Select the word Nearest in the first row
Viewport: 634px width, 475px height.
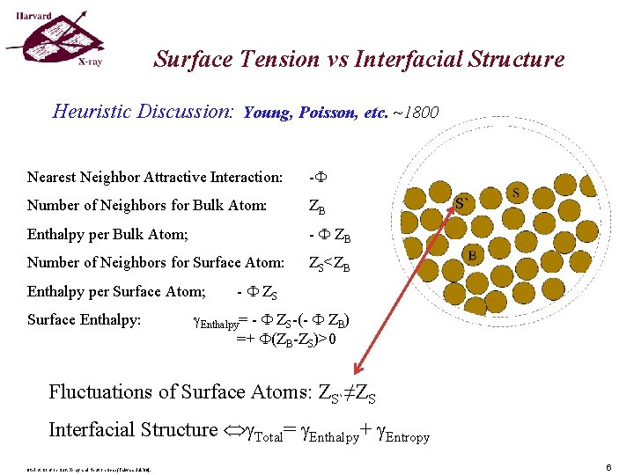52,178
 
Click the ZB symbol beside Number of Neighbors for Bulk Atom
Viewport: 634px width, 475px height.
318,208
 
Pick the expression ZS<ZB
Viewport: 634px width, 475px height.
328,263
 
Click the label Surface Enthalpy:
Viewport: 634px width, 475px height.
84,320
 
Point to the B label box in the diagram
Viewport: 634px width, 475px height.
472,255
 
